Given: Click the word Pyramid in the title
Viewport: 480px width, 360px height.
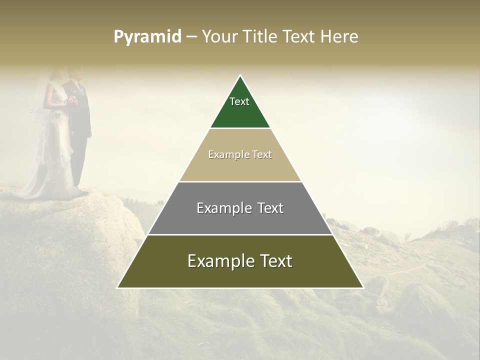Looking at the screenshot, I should point(147,37).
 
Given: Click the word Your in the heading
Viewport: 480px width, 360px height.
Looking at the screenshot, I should point(218,36).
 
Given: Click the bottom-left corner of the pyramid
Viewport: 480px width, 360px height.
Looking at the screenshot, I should point(118,287).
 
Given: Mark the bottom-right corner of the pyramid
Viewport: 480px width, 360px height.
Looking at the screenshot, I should point(362,287).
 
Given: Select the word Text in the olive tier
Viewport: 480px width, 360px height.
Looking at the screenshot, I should point(274,261).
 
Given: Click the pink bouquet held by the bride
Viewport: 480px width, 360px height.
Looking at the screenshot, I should point(72,99).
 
